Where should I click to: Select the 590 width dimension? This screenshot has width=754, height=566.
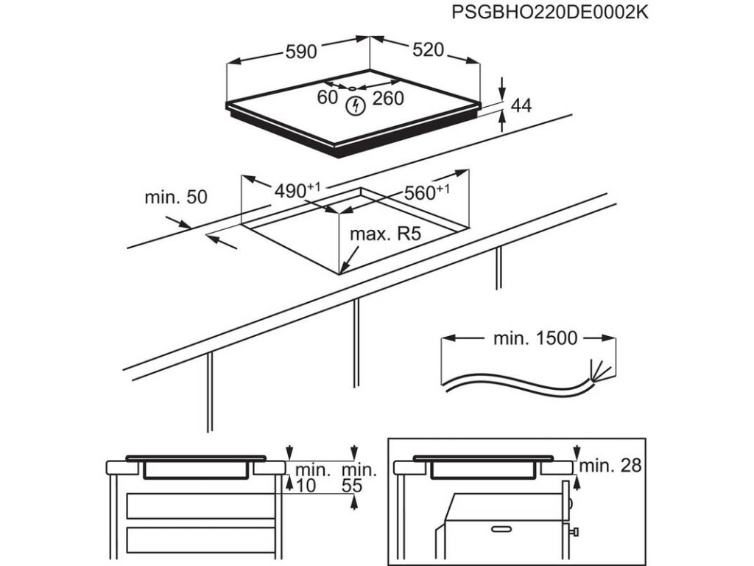click(300, 52)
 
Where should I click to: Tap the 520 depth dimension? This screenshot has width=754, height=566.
click(429, 50)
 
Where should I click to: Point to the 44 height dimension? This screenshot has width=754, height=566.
click(521, 106)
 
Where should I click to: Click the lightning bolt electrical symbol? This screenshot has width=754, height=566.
click(356, 106)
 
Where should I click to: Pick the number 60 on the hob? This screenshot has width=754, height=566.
click(328, 97)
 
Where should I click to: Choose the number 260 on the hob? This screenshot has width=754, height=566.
click(388, 98)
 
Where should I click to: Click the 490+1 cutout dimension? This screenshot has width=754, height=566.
click(297, 191)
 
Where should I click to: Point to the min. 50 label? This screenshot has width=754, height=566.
click(176, 197)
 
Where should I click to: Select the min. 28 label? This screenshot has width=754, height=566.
click(610, 465)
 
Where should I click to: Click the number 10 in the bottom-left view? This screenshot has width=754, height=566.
click(305, 486)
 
